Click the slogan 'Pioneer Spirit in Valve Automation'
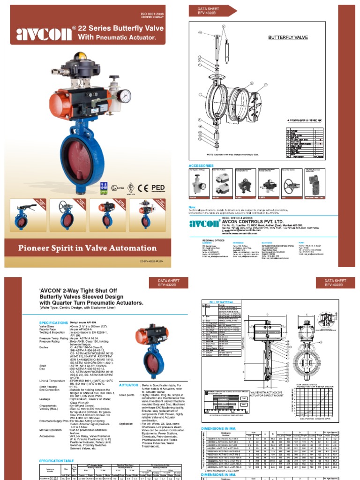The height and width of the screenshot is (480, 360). pos(87,248)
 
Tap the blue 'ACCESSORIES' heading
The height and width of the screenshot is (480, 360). pos(201,166)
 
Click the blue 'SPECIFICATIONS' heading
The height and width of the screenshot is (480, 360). pos(53,323)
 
